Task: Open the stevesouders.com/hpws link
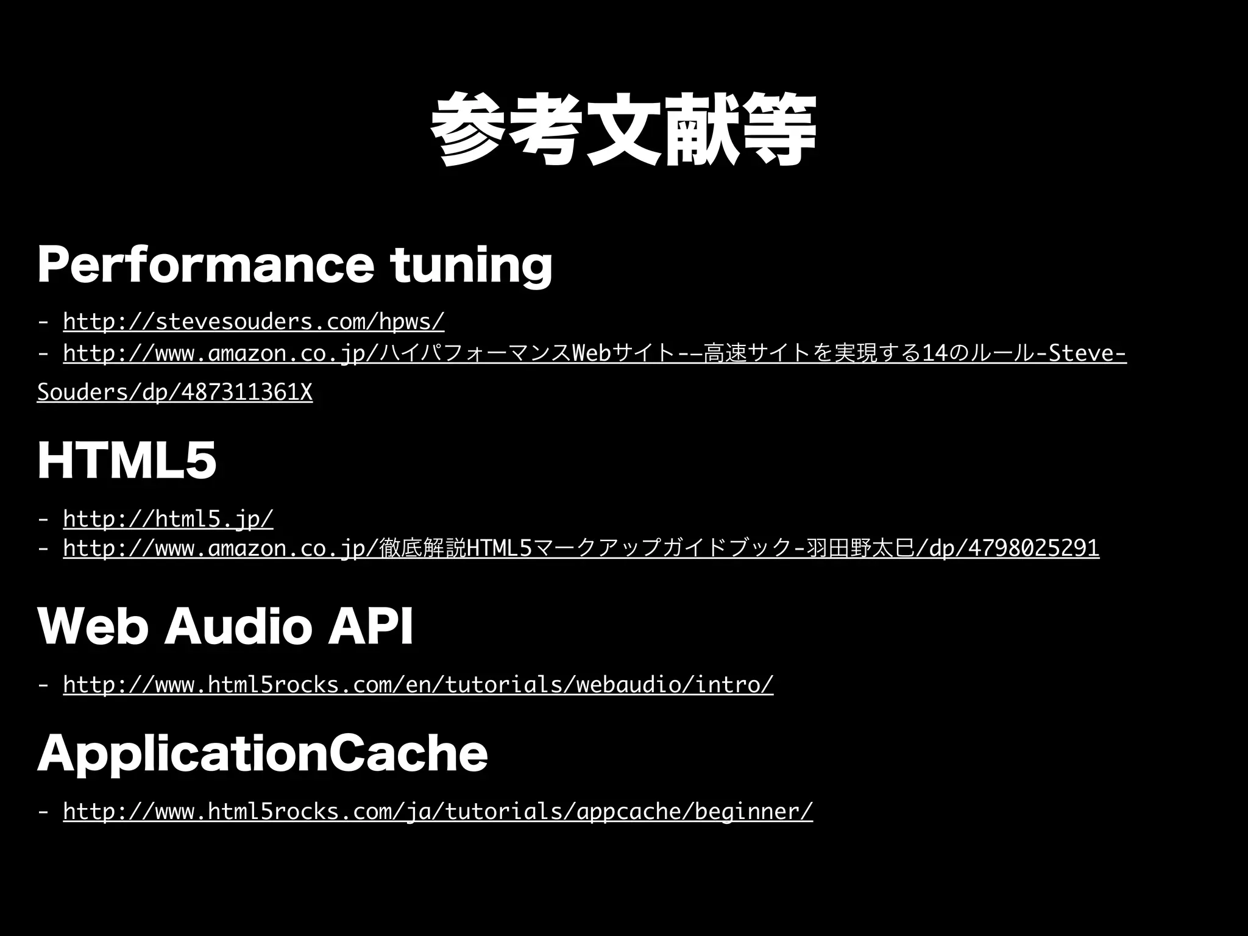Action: click(253, 321)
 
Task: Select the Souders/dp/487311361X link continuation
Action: click(174, 393)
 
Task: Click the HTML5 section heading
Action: click(127, 461)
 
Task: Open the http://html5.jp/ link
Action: click(168, 519)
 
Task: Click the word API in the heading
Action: click(370, 626)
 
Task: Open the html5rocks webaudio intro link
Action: click(418, 685)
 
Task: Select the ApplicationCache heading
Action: click(262, 754)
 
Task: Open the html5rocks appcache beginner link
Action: click(438, 812)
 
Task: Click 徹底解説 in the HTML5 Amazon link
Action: click(422, 548)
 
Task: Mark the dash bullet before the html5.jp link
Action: click(43, 519)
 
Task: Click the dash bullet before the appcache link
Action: click(43, 812)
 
